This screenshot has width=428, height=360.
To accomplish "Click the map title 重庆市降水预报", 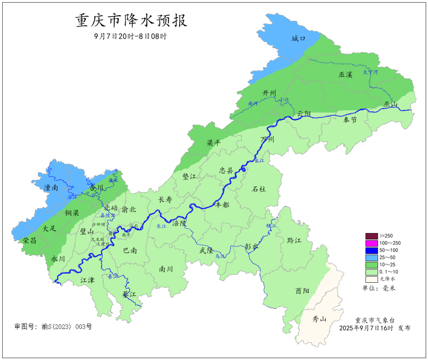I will [x=131, y=21].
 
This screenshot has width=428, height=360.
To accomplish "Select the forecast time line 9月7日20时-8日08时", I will [x=130, y=36].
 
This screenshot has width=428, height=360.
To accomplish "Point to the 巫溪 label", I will [x=345, y=75].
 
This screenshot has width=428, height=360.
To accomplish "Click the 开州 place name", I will [x=269, y=93].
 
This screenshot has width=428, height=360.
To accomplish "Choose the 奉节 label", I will [x=350, y=120].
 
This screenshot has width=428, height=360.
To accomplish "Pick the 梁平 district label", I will [x=214, y=143].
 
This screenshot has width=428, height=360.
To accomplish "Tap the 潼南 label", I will [x=52, y=188].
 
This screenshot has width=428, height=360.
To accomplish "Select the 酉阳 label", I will [x=302, y=291].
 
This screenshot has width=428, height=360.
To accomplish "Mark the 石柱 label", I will [x=259, y=189].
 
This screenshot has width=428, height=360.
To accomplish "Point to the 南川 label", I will [x=166, y=269].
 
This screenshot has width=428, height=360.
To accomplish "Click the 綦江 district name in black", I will [x=129, y=295].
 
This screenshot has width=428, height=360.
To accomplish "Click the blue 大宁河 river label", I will [x=371, y=72].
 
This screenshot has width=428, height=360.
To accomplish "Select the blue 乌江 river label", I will [x=220, y=257].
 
